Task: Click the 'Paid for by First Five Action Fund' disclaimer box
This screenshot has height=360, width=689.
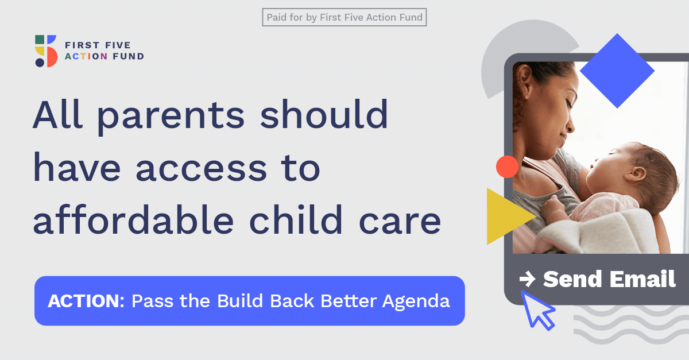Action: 344,17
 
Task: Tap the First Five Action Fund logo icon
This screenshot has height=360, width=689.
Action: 46,51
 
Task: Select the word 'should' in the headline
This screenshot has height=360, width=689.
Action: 324,114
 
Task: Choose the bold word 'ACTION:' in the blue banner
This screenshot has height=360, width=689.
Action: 86,301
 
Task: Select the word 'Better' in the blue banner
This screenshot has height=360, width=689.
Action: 349,301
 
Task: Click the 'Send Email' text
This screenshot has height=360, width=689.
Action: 609,279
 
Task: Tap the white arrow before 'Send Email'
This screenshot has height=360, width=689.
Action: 527,279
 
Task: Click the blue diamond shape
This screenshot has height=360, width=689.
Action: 617,71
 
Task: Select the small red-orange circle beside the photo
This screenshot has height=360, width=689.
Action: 507,167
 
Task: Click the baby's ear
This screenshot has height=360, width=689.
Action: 634,174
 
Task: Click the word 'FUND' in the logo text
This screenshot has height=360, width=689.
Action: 128,56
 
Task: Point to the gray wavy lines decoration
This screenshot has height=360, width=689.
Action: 631,325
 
